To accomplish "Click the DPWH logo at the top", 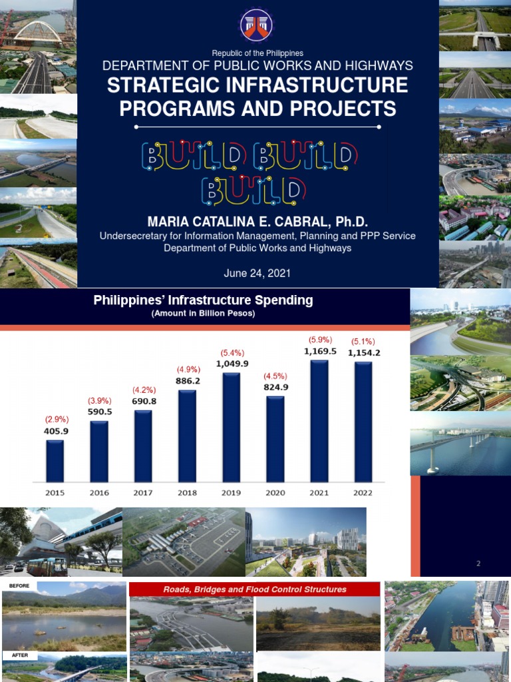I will click(x=256, y=25).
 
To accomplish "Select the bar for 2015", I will click(x=55, y=460).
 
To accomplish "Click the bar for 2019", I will click(x=231, y=427).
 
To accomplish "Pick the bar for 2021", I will click(x=319, y=420).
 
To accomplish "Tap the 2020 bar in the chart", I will click(x=275, y=439).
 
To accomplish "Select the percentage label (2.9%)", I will click(x=57, y=420).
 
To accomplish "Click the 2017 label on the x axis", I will click(x=143, y=493).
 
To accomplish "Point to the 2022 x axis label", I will click(x=363, y=493).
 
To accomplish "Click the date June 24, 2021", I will click(x=257, y=273).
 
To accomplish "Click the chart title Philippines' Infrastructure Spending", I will click(x=203, y=300).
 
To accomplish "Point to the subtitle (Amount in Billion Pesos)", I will click(x=203, y=313).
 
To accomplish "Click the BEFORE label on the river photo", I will click(x=19, y=587).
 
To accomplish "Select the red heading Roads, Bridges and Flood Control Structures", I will click(x=255, y=589).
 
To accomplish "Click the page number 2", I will click(x=478, y=563).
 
